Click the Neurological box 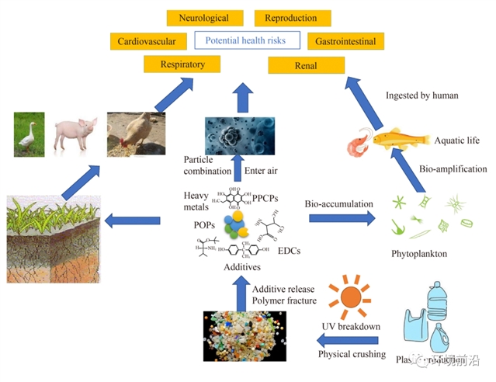pyautogui.click(x=203, y=18)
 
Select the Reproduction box pyautogui.click(x=292, y=18)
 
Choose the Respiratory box pyautogui.click(x=182, y=64)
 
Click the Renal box pyautogui.click(x=306, y=66)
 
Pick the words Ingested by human pyautogui.click(x=421, y=95)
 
